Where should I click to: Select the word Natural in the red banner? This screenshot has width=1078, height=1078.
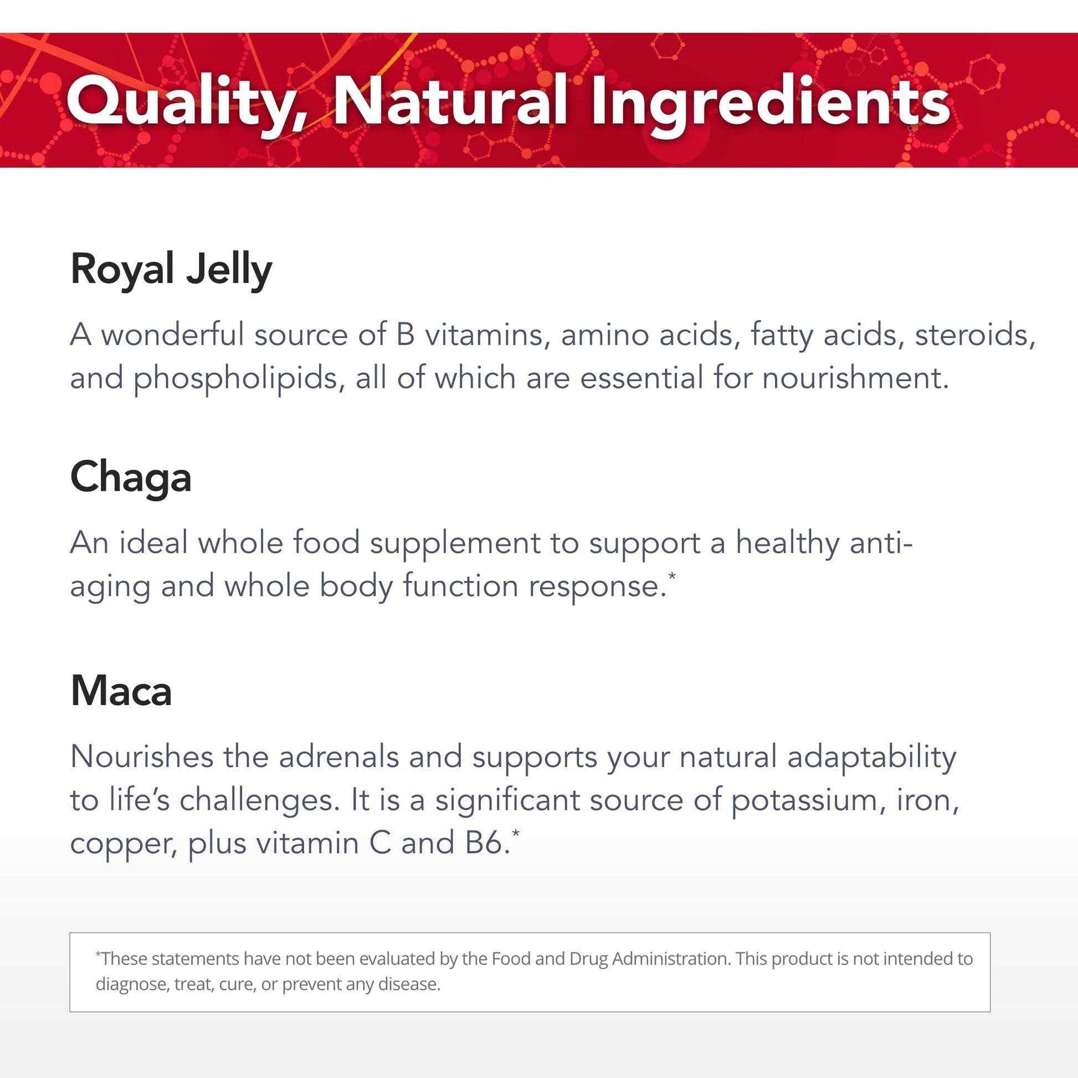click(450, 100)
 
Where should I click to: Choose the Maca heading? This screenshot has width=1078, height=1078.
click(121, 691)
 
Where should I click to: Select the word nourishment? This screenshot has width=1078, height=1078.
click(855, 378)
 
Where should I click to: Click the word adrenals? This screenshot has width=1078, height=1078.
click(338, 757)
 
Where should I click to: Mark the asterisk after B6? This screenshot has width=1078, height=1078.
click(515, 833)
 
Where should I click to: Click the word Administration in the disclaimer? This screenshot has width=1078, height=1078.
click(671, 958)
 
